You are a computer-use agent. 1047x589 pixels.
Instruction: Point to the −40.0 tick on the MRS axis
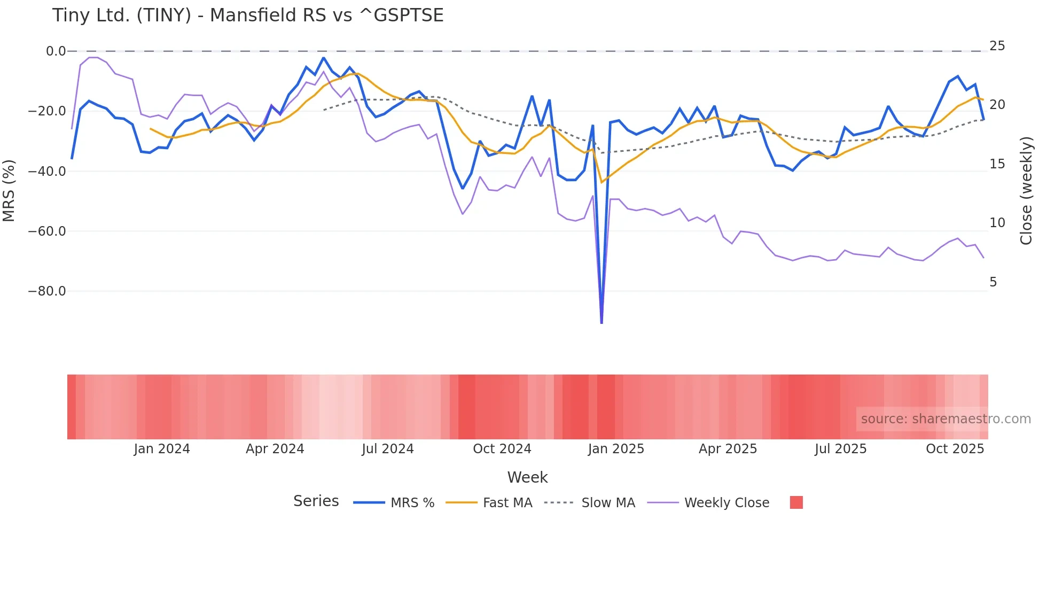tap(47, 172)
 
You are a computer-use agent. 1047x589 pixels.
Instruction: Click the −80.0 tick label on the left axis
tap(47, 291)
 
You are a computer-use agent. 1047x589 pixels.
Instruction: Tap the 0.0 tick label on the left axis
tap(56, 51)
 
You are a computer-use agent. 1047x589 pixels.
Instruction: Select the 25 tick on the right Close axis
tap(997, 46)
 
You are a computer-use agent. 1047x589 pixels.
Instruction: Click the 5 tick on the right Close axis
tap(993, 282)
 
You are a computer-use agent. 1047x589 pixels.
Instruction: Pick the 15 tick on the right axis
tap(997, 164)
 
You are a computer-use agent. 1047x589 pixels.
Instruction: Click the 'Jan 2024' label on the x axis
tap(162, 449)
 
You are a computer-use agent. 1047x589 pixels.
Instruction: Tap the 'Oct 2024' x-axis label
tap(502, 449)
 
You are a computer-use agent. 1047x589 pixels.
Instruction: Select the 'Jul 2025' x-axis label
tap(840, 449)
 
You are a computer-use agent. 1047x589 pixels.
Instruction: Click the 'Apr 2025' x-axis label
tap(728, 449)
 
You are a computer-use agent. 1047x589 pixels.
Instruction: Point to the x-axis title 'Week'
tap(527, 477)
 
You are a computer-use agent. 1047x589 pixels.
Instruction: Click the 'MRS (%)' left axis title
tap(9, 191)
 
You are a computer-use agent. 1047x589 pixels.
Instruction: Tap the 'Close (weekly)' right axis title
tap(1026, 191)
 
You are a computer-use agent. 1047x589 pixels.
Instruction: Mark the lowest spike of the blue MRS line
tap(601, 322)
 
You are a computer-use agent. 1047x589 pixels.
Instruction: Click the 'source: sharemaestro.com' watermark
tap(946, 419)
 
